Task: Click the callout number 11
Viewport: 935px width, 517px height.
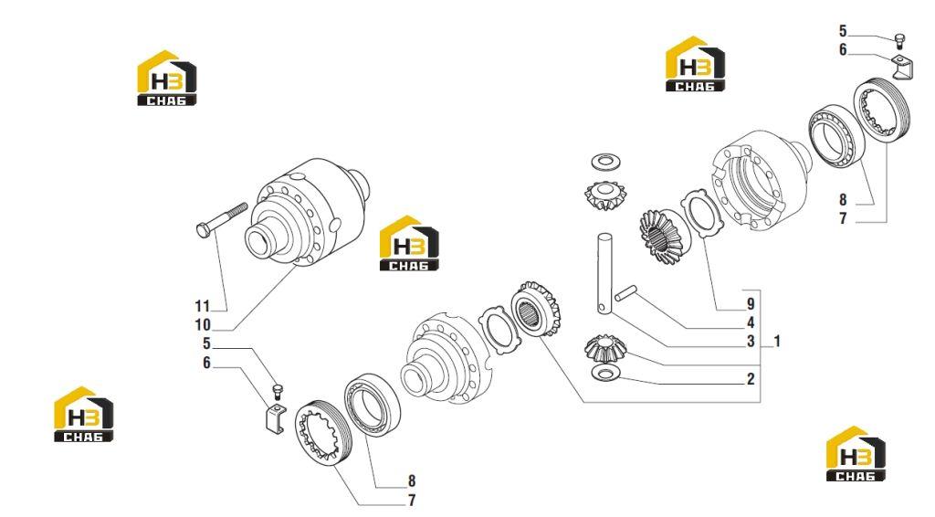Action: point(203,306)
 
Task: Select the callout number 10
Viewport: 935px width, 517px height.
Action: point(203,325)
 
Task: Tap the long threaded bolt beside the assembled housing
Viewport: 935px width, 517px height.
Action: point(221,219)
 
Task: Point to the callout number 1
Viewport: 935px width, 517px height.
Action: point(777,341)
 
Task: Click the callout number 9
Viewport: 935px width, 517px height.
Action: point(751,304)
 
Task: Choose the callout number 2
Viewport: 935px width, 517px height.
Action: point(751,379)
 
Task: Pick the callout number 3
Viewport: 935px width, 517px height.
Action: point(751,341)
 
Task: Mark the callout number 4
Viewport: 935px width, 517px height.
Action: point(751,322)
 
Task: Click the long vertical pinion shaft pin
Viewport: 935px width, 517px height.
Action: point(604,272)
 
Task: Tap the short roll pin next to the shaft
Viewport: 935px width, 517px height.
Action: point(625,293)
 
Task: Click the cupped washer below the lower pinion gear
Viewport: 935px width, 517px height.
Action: point(605,374)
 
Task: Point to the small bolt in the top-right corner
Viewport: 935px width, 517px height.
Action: point(899,40)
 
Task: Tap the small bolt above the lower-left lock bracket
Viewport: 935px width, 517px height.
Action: point(277,391)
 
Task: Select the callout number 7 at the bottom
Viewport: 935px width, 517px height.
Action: point(412,501)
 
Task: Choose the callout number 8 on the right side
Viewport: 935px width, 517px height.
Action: point(843,200)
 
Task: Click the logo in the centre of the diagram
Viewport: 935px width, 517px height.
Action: point(409,243)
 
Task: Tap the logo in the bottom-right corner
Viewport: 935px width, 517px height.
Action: point(856,454)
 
